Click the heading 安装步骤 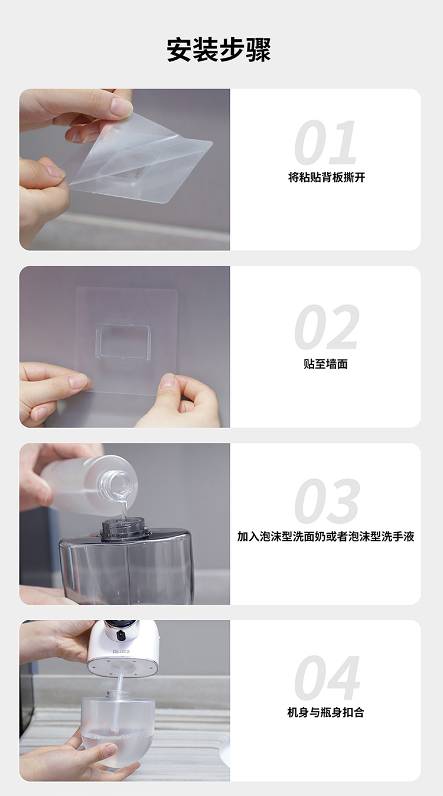coord(219,50)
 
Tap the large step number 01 coord(325,142)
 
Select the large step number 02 coord(327,327)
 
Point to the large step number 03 coord(327,501)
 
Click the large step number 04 coord(327,677)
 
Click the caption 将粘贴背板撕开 coord(327,177)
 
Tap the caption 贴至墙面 coord(325,364)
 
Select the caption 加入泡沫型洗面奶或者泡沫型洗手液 coord(325,536)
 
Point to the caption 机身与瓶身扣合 coord(325,712)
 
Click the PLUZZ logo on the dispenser coord(121,652)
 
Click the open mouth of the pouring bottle coord(118,483)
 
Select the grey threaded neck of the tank coord(124,530)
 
